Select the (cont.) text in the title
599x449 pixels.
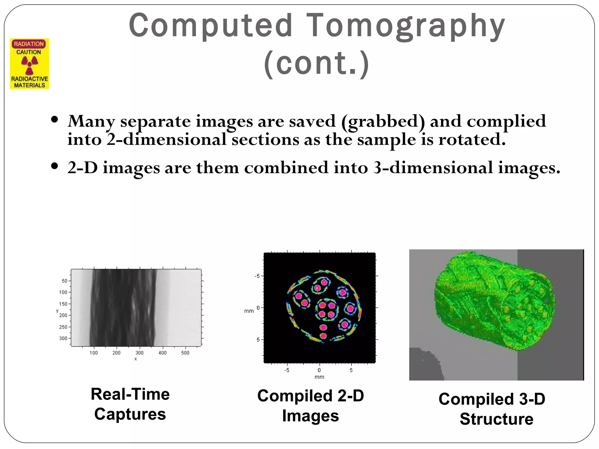[317, 63]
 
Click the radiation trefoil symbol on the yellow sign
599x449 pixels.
[29, 65]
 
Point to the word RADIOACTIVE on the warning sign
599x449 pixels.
[29, 79]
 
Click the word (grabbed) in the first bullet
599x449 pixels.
[383, 121]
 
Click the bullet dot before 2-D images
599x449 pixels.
[54, 166]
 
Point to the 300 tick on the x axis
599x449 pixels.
[140, 353]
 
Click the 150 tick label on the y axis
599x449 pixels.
[63, 304]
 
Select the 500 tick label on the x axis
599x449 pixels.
[185, 353]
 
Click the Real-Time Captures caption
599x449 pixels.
[130, 404]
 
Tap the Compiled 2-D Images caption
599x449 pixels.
[311, 406]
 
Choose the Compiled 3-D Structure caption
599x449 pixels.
[493, 409]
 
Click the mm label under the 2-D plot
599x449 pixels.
[319, 377]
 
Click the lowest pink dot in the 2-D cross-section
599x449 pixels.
[323, 336]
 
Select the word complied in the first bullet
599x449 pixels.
[506, 121]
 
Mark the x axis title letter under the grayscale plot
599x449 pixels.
[136, 359]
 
